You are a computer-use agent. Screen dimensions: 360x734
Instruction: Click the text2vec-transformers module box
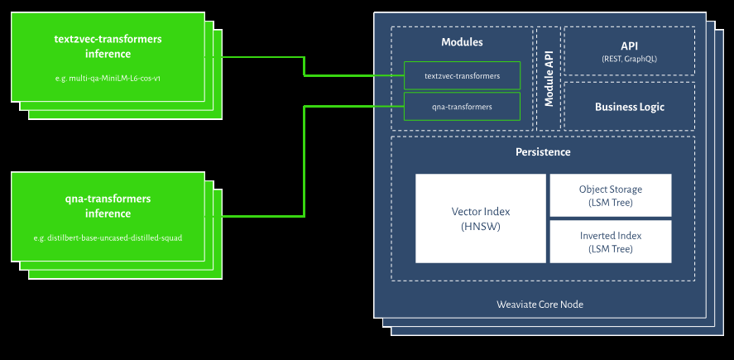[x=462, y=75]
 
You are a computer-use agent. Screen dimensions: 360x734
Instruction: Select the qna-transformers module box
[x=462, y=106]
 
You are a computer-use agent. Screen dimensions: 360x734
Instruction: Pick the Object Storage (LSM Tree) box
[x=610, y=195]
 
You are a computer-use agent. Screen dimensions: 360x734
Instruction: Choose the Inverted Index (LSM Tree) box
[x=610, y=242]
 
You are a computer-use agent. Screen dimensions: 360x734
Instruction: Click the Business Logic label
[x=629, y=107]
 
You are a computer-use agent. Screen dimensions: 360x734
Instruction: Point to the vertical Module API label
[x=549, y=79]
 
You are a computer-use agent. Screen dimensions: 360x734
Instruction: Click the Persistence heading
[x=542, y=152]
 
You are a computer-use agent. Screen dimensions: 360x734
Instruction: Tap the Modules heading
[x=462, y=41]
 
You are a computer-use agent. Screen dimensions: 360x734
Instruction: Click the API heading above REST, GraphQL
[x=629, y=45]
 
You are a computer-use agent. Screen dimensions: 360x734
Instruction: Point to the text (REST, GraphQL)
[x=629, y=60]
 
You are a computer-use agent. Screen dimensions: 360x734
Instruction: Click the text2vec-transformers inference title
[x=108, y=46]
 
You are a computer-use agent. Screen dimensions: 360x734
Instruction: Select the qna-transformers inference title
[x=108, y=206]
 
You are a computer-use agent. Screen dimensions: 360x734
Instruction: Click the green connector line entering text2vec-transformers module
[x=356, y=75]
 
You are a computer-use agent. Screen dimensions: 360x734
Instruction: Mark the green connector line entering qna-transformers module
[x=356, y=106]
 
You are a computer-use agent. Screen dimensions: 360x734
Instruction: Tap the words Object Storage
[x=610, y=190]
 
